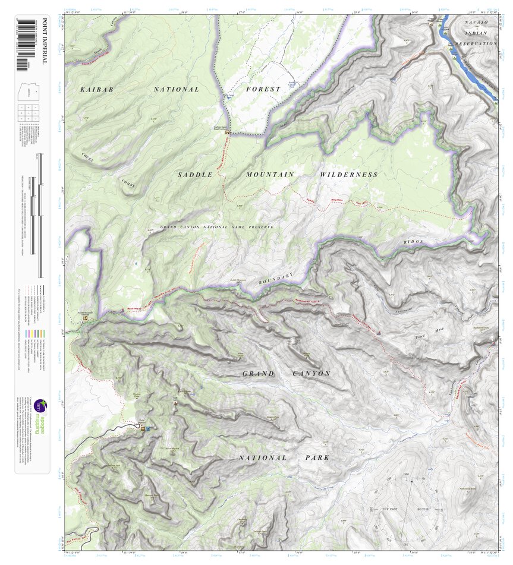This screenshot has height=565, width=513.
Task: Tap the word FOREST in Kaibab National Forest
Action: [263, 89]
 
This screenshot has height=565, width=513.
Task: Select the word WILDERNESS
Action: [348, 175]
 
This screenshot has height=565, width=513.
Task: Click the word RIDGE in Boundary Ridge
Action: [414, 242]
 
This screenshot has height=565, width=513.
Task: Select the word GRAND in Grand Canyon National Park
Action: [259, 374]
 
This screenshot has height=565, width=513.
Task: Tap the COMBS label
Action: [128, 184]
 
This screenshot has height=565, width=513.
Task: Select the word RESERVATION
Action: [476, 43]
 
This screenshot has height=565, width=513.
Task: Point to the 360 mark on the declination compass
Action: [407, 474]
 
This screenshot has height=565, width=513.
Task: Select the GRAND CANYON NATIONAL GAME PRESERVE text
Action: [217, 228]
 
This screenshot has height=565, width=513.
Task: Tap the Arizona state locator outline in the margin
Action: [27, 92]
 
